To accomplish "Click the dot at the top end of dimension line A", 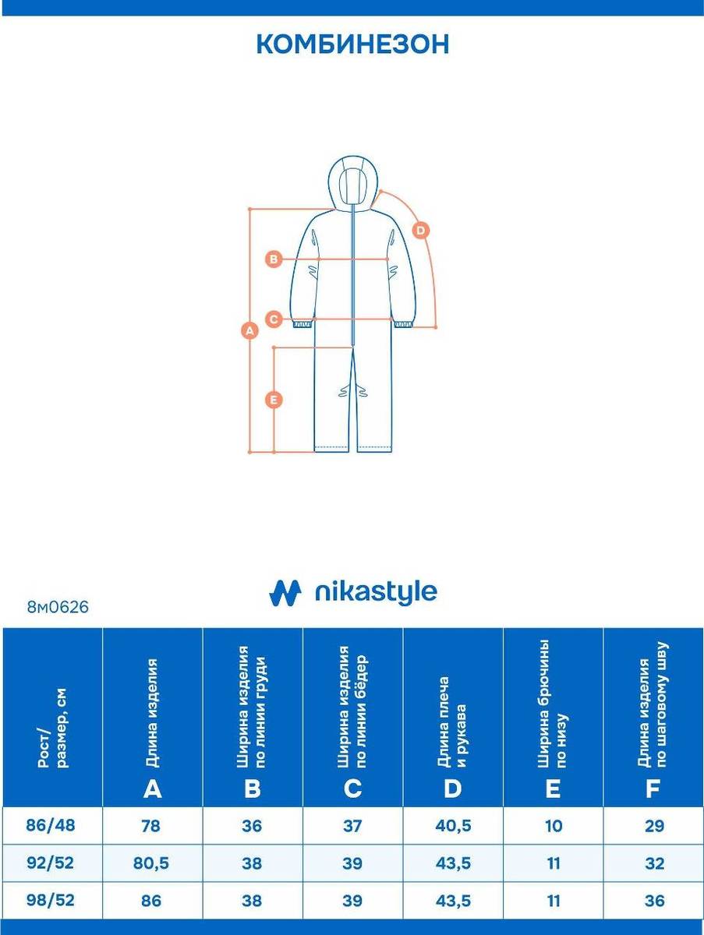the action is pos(250,209).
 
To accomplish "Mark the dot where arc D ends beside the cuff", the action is pos(436,327).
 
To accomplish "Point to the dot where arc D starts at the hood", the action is pos(380,191).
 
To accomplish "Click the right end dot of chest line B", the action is pos(387,259).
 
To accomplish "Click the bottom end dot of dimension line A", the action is pos(250,451).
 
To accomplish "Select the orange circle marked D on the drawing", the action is pos(421,231).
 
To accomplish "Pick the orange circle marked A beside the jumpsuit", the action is pos(250,330).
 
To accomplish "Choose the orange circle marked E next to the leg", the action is pos(274,400).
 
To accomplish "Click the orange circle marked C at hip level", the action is pos(274,319).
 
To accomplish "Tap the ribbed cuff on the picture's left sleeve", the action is pos(302,323).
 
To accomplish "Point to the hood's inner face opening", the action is pos(353,187).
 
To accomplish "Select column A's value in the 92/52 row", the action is pos(151,863).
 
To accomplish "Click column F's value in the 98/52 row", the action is pos(654,901).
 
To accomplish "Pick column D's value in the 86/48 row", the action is pos(454,826).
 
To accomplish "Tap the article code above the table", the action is pos(58,607).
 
